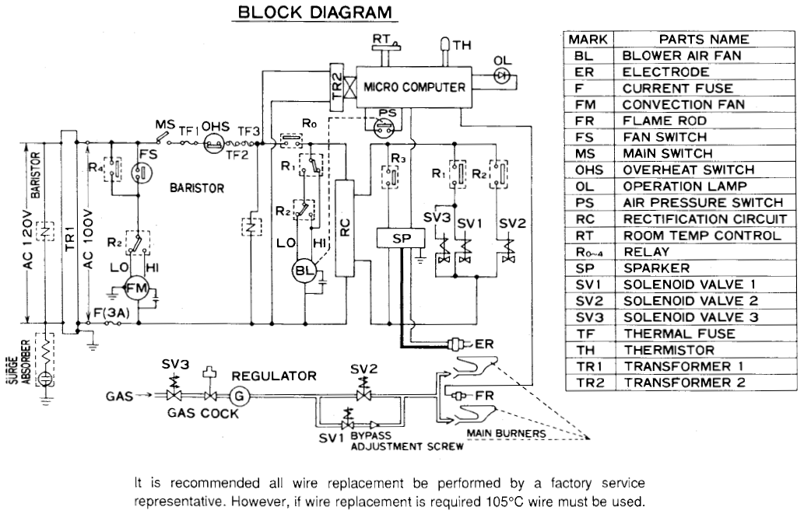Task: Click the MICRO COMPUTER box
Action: [x=414, y=87]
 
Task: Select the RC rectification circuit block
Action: [x=346, y=226]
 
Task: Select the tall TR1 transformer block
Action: [x=67, y=233]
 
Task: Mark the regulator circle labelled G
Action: [x=239, y=395]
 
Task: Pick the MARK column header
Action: [x=588, y=39]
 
